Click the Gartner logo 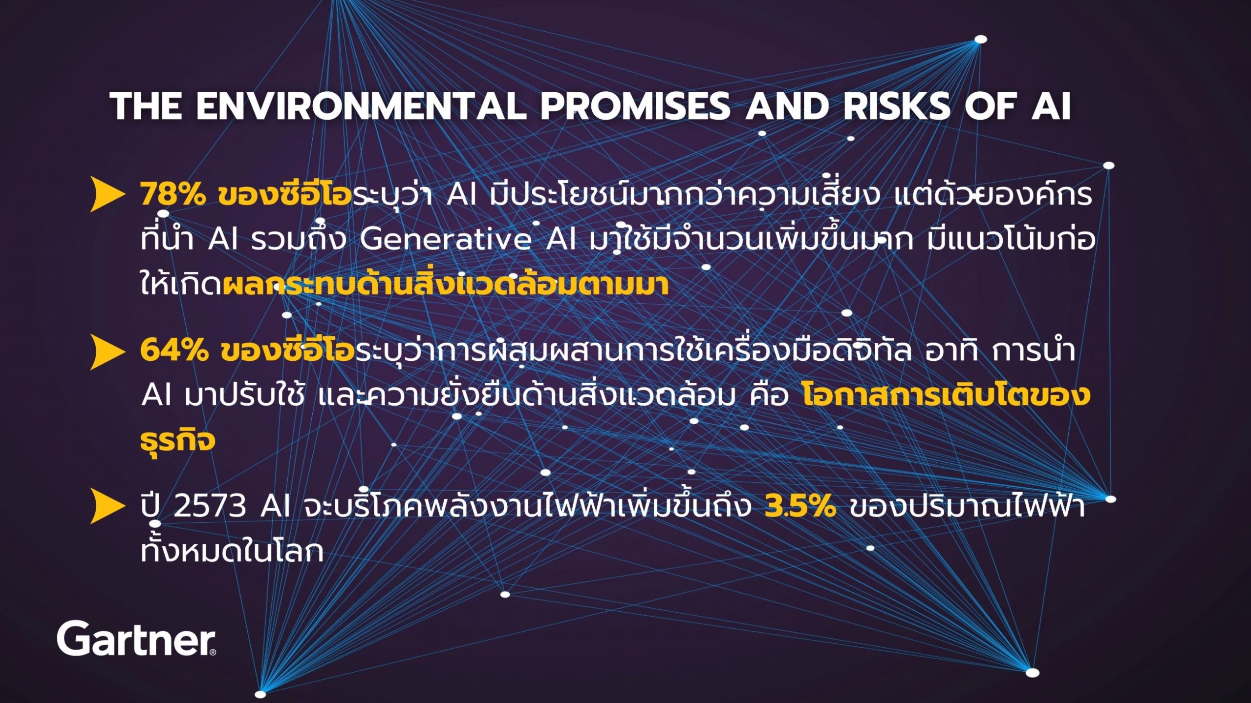[136, 638]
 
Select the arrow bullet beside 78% [108, 195]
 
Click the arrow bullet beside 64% [108, 352]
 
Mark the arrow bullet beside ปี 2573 [108, 507]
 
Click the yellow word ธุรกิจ [178, 439]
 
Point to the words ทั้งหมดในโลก [232, 550]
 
